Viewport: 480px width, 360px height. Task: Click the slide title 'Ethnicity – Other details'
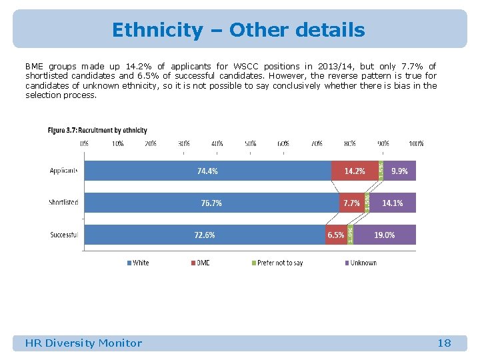point(239,30)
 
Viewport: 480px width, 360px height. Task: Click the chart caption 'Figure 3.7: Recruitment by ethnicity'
point(97,131)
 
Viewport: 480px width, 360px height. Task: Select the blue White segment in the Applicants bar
point(207,171)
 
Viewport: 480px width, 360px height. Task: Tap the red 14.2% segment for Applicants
point(354,171)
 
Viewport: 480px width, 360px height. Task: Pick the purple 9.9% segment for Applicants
point(400,171)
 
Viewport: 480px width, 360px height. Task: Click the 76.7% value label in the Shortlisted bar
point(211,203)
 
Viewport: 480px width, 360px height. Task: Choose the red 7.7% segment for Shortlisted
point(351,203)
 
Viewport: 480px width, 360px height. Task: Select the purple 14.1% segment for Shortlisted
point(393,203)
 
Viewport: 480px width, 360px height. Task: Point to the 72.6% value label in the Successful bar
point(205,235)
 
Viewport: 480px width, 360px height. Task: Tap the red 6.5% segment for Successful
point(335,235)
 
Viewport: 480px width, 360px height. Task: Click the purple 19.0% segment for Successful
point(385,235)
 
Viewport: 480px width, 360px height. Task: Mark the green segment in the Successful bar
point(350,235)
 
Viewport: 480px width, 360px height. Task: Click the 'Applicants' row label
point(63,171)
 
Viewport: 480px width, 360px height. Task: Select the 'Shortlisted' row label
point(63,203)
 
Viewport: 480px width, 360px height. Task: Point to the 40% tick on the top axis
point(217,143)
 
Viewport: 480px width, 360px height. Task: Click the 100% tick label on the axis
point(416,143)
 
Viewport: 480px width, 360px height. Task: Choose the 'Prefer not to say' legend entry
point(280,263)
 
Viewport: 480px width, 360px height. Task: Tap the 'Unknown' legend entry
point(363,263)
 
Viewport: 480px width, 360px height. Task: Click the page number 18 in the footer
point(444,343)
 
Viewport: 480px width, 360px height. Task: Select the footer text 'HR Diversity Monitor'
point(83,343)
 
